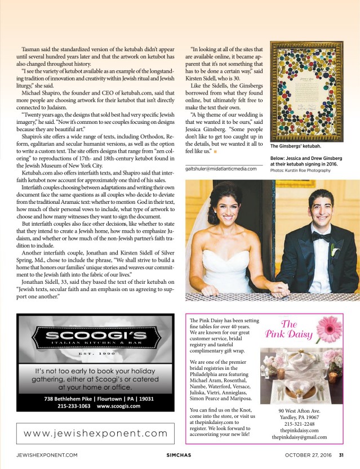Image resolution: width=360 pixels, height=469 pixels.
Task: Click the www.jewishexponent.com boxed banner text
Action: tap(96, 433)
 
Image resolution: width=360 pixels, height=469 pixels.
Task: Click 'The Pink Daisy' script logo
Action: tap(288, 329)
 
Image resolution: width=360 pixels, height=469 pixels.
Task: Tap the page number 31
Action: tap(341, 455)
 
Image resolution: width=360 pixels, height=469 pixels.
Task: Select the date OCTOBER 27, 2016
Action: tap(308, 455)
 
